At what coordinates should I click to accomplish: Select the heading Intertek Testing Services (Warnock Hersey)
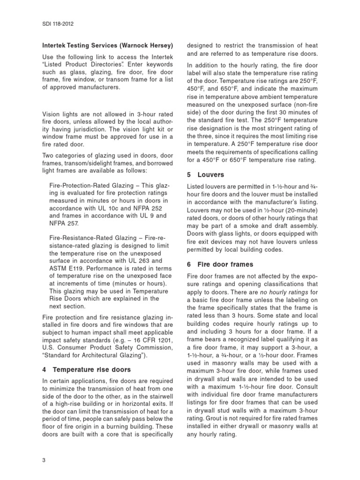108,45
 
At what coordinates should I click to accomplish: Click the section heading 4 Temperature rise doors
84,369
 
